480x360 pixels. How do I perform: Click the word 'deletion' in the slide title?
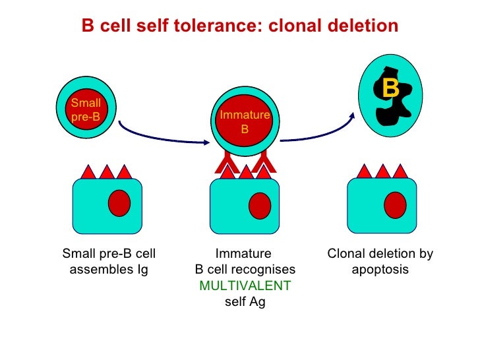pos(362,26)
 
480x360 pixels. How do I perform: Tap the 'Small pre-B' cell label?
pos(86,109)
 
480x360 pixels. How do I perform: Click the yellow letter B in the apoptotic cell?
pos(390,88)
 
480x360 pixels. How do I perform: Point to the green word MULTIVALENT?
pos(245,287)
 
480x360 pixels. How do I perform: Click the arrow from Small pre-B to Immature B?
pos(158,133)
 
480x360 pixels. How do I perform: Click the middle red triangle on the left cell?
pos(107,171)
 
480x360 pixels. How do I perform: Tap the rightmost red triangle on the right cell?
pos(400,171)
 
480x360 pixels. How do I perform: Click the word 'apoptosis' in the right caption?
pos(380,270)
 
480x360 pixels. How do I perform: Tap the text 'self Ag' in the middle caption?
pos(245,303)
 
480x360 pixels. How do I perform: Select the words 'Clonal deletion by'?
pos(380,254)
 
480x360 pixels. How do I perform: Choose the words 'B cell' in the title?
pos(106,26)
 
